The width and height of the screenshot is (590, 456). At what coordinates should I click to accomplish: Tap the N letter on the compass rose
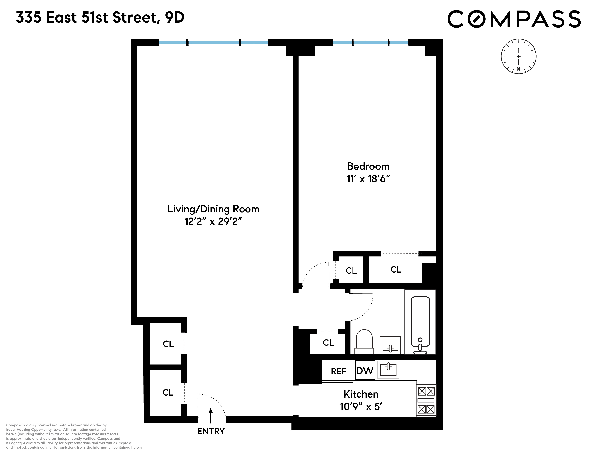[518, 69]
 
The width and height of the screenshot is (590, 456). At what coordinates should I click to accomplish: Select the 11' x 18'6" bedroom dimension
[368, 179]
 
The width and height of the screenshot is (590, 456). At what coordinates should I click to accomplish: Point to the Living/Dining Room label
[213, 209]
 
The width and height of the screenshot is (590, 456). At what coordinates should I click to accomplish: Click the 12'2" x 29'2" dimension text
[213, 222]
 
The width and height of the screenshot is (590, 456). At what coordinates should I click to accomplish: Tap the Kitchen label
[361, 394]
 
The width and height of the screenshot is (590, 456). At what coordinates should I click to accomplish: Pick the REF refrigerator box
[338, 371]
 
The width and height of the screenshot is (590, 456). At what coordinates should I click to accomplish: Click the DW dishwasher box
[365, 370]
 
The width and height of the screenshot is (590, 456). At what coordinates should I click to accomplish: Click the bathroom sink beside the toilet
[390, 345]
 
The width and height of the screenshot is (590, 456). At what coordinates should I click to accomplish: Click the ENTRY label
[211, 431]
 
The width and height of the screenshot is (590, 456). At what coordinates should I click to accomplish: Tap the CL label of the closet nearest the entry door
[168, 393]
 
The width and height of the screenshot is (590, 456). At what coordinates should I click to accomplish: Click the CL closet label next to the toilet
[328, 343]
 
